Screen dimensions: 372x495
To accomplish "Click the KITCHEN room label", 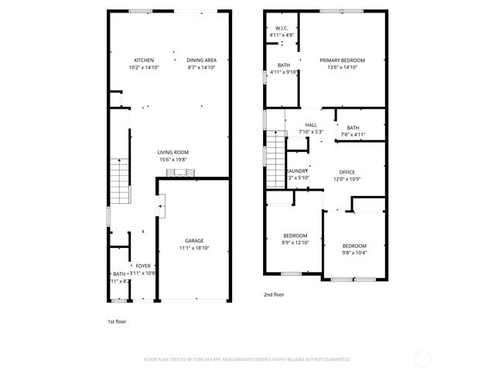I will pos(144,60).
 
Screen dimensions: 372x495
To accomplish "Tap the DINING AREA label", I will pos(202,60).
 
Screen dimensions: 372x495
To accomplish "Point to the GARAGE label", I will pos(193,240).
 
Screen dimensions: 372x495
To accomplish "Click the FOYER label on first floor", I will pos(143,265).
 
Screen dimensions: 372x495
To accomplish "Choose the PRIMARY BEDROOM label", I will pos(342,60).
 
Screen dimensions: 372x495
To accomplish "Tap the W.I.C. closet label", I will pos(281,28).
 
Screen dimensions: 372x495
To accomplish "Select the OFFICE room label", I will pos(346,172).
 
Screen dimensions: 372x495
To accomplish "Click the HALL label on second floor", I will pos(311,125).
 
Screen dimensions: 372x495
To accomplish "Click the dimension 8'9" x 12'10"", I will pos(295,243).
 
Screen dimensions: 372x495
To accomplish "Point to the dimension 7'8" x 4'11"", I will pos(353,135).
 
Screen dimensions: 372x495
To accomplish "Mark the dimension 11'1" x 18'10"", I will pos(193,248).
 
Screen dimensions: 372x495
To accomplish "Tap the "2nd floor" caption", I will pos(274,295).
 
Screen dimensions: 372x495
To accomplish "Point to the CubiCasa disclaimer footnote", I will pos(247,360).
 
